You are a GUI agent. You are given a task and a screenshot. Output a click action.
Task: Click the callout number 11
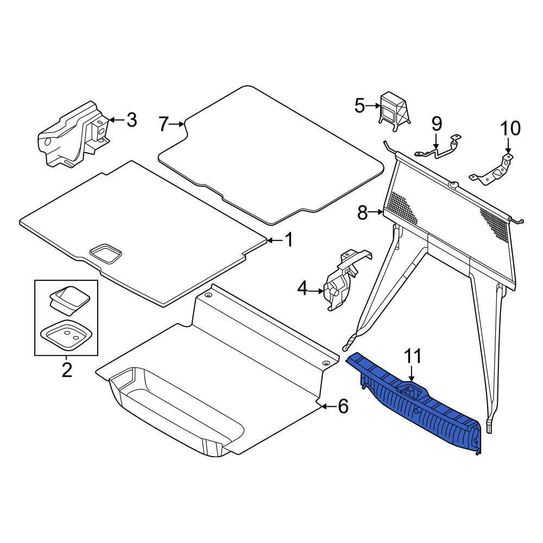pos(413,356)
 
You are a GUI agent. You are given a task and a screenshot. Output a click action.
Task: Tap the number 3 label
pos(131,120)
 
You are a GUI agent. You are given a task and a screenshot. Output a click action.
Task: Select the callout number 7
pos(163,124)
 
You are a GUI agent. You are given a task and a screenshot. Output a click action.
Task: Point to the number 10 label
pos(510,129)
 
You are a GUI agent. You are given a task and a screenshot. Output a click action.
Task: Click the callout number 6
pos(343,406)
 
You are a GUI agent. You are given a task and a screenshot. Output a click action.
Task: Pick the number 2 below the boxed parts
pos(66,370)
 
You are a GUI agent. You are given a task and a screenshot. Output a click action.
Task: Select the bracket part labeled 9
pos(438,148)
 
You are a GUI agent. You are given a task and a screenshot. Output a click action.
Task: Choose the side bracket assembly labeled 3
pos(73,135)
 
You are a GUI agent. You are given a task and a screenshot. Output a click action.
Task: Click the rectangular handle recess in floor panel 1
pos(106,254)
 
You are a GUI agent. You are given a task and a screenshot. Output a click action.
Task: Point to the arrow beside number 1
pos(275,240)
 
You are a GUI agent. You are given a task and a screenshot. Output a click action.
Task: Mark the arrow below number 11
pos(412,374)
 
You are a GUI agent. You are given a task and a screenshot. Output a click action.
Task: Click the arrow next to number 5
pos(374,106)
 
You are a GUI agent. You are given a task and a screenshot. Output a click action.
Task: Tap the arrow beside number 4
pos(316,291)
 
